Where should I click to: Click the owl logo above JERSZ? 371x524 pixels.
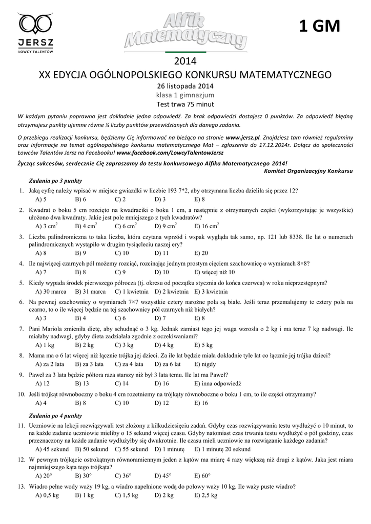click(35, 24)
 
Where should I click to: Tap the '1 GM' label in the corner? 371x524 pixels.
click(319, 27)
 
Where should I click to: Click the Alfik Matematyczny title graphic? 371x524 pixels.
click(186, 32)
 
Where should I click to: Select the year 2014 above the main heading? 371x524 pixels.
click(186, 62)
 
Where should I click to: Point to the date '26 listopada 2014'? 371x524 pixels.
click(185, 85)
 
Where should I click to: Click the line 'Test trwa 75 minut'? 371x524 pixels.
click(185, 104)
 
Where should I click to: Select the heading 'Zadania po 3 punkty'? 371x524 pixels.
click(55, 181)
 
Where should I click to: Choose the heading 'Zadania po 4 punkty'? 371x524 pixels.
click(56, 416)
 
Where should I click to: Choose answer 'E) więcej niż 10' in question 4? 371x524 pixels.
click(214, 272)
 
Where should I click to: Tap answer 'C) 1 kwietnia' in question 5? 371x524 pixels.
click(131, 291)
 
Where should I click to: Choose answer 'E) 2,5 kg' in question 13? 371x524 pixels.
click(206, 495)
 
